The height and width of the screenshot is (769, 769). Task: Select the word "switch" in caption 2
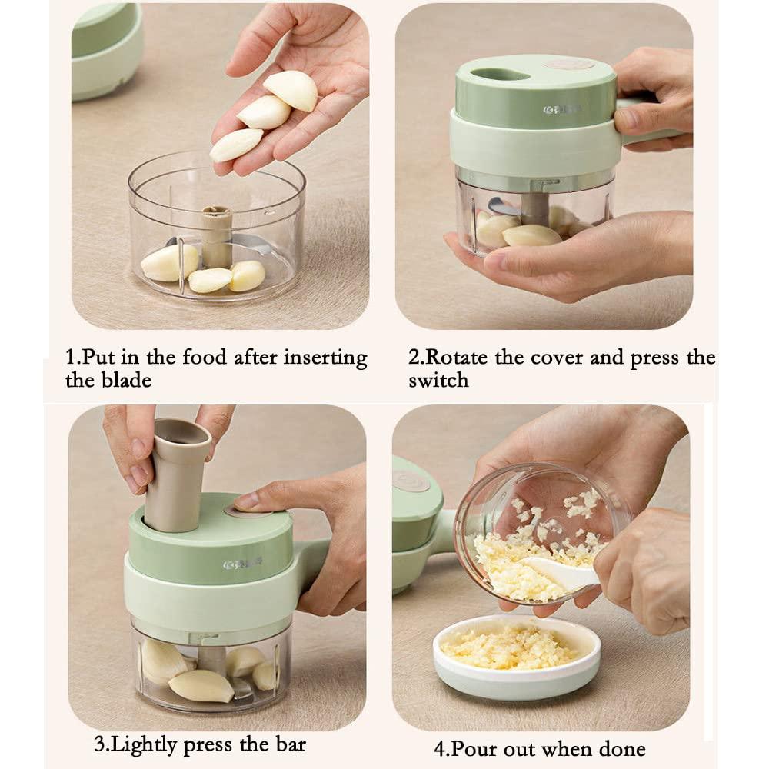point(439,381)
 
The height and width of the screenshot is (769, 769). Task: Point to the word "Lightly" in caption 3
point(144,744)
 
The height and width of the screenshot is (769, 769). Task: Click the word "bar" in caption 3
point(291,744)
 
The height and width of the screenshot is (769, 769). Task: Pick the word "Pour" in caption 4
point(474,749)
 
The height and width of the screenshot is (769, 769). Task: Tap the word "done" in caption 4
point(621,749)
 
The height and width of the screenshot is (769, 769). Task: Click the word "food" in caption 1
point(205,357)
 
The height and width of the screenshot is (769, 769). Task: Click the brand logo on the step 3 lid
point(242,564)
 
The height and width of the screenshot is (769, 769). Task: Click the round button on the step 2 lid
point(568,65)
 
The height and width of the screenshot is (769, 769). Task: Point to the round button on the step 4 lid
point(411,481)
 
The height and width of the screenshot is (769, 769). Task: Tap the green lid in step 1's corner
point(106,51)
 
